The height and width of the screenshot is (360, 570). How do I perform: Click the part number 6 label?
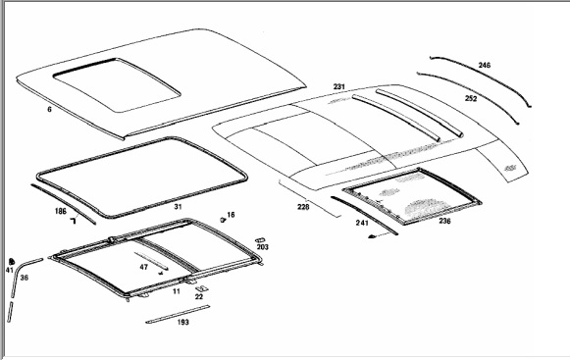click(49, 109)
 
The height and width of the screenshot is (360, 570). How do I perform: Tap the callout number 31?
click(178, 207)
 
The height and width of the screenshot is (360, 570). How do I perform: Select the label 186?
click(61, 211)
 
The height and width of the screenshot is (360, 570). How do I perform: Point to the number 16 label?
click(231, 215)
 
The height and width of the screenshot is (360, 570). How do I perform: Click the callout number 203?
click(263, 247)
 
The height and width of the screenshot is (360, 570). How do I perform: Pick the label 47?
click(144, 267)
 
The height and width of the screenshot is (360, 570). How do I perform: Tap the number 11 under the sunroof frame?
click(177, 291)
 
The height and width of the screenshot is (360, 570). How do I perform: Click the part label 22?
click(199, 296)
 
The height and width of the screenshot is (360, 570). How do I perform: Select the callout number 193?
click(183, 322)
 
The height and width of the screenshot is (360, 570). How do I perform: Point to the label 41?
click(10, 270)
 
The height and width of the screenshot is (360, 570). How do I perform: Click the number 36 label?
click(24, 278)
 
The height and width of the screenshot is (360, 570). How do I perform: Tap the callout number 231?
click(338, 86)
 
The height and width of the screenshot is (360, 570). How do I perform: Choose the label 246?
click(485, 65)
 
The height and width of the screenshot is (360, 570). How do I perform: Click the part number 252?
click(471, 98)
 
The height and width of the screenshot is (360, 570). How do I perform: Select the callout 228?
click(303, 207)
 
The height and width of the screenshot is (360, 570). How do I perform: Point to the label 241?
click(362, 223)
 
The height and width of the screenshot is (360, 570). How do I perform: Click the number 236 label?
click(444, 221)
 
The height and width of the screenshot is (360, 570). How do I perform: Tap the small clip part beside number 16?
click(223, 220)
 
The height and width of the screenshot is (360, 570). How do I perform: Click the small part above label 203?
click(260, 240)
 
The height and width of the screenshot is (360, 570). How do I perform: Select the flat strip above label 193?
click(178, 314)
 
